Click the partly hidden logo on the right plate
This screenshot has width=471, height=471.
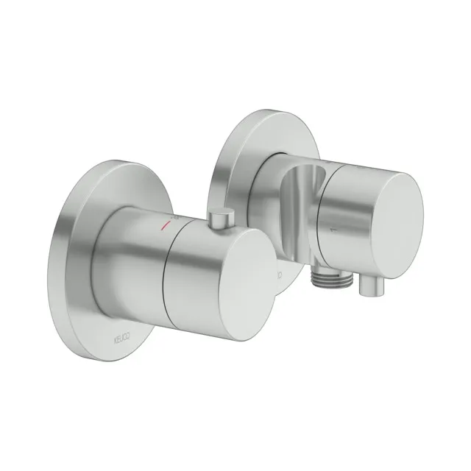coord(280,275)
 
